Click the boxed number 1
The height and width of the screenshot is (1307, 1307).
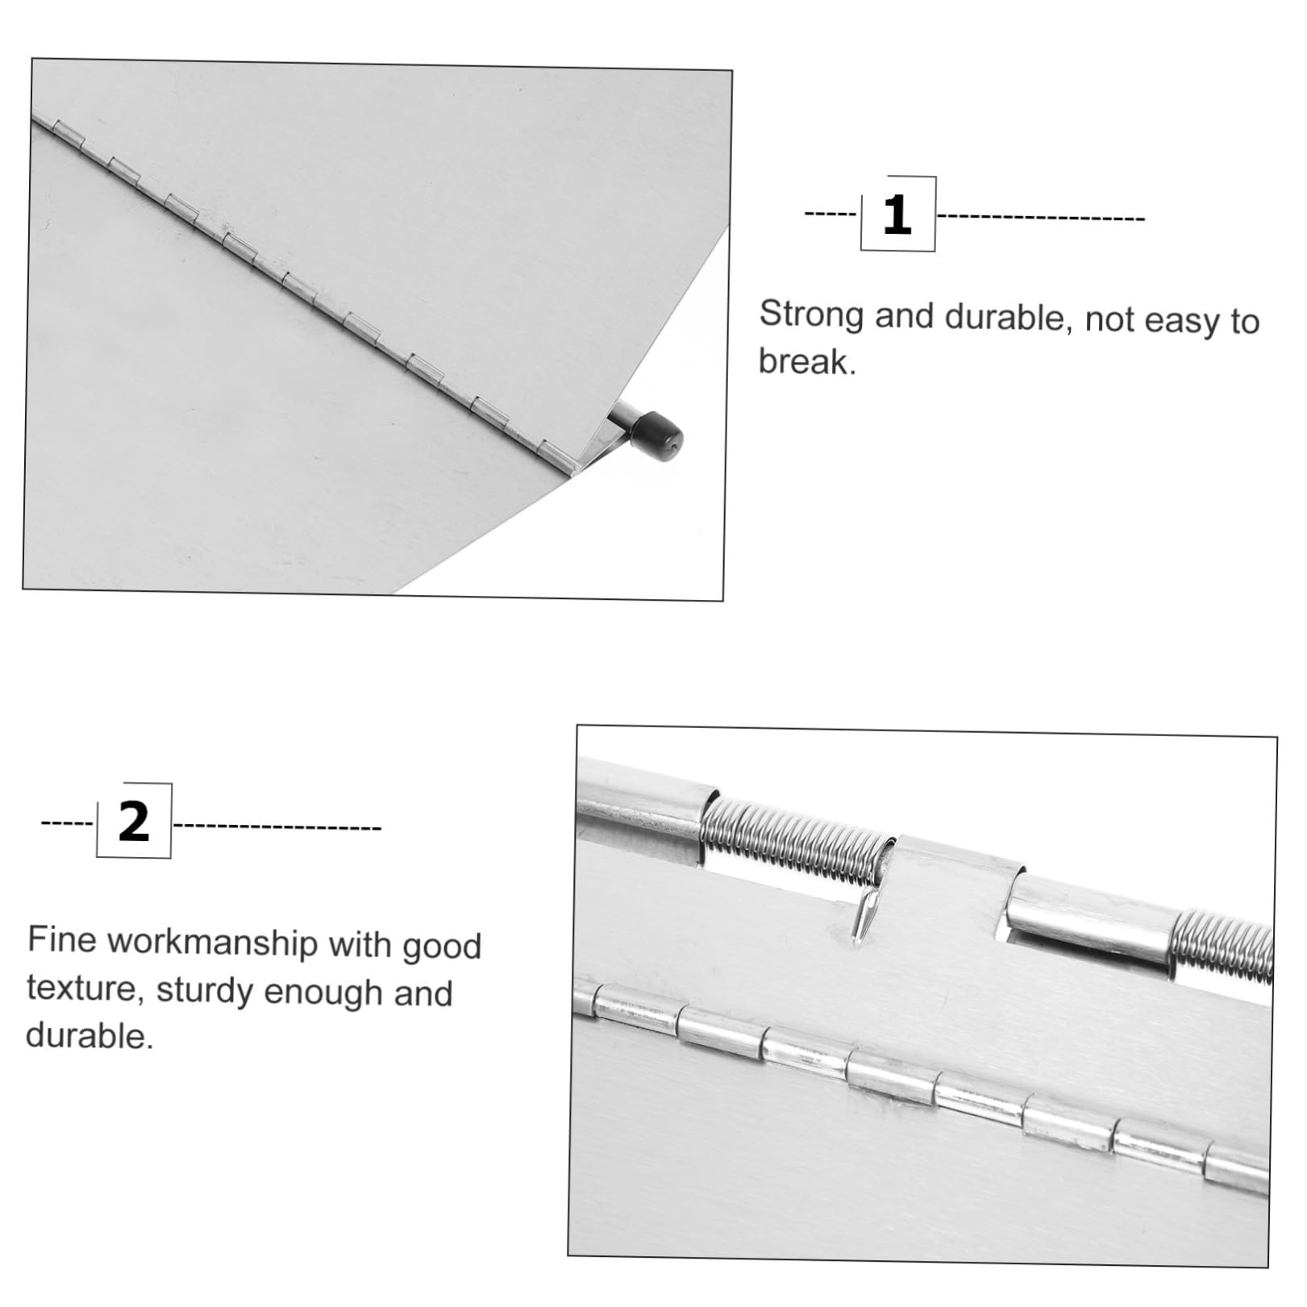pyautogui.click(x=897, y=214)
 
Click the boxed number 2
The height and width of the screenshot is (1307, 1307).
pyautogui.click(x=134, y=821)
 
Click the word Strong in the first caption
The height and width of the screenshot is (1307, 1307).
pyautogui.click(x=812, y=314)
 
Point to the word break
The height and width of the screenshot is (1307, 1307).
pyautogui.click(x=807, y=361)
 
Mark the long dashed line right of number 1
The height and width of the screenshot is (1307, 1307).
pyautogui.click(x=1040, y=217)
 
